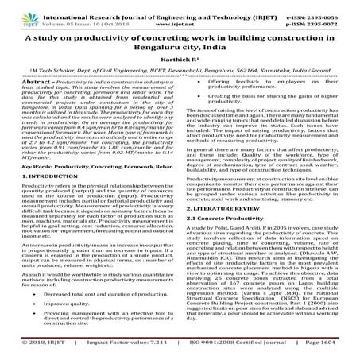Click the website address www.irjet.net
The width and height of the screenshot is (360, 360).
coord(181,17)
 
